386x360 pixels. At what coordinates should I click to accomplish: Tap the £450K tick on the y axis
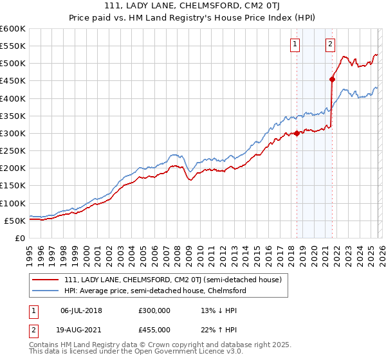12,98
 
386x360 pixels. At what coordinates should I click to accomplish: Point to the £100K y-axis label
12,203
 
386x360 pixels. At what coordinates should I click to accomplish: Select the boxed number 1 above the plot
295,44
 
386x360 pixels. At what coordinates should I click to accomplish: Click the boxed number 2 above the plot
330,44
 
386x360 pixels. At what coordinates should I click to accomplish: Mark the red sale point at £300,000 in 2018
297,133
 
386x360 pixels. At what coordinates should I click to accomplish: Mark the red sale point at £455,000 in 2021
333,79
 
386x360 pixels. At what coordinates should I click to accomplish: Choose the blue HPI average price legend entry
154,291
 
